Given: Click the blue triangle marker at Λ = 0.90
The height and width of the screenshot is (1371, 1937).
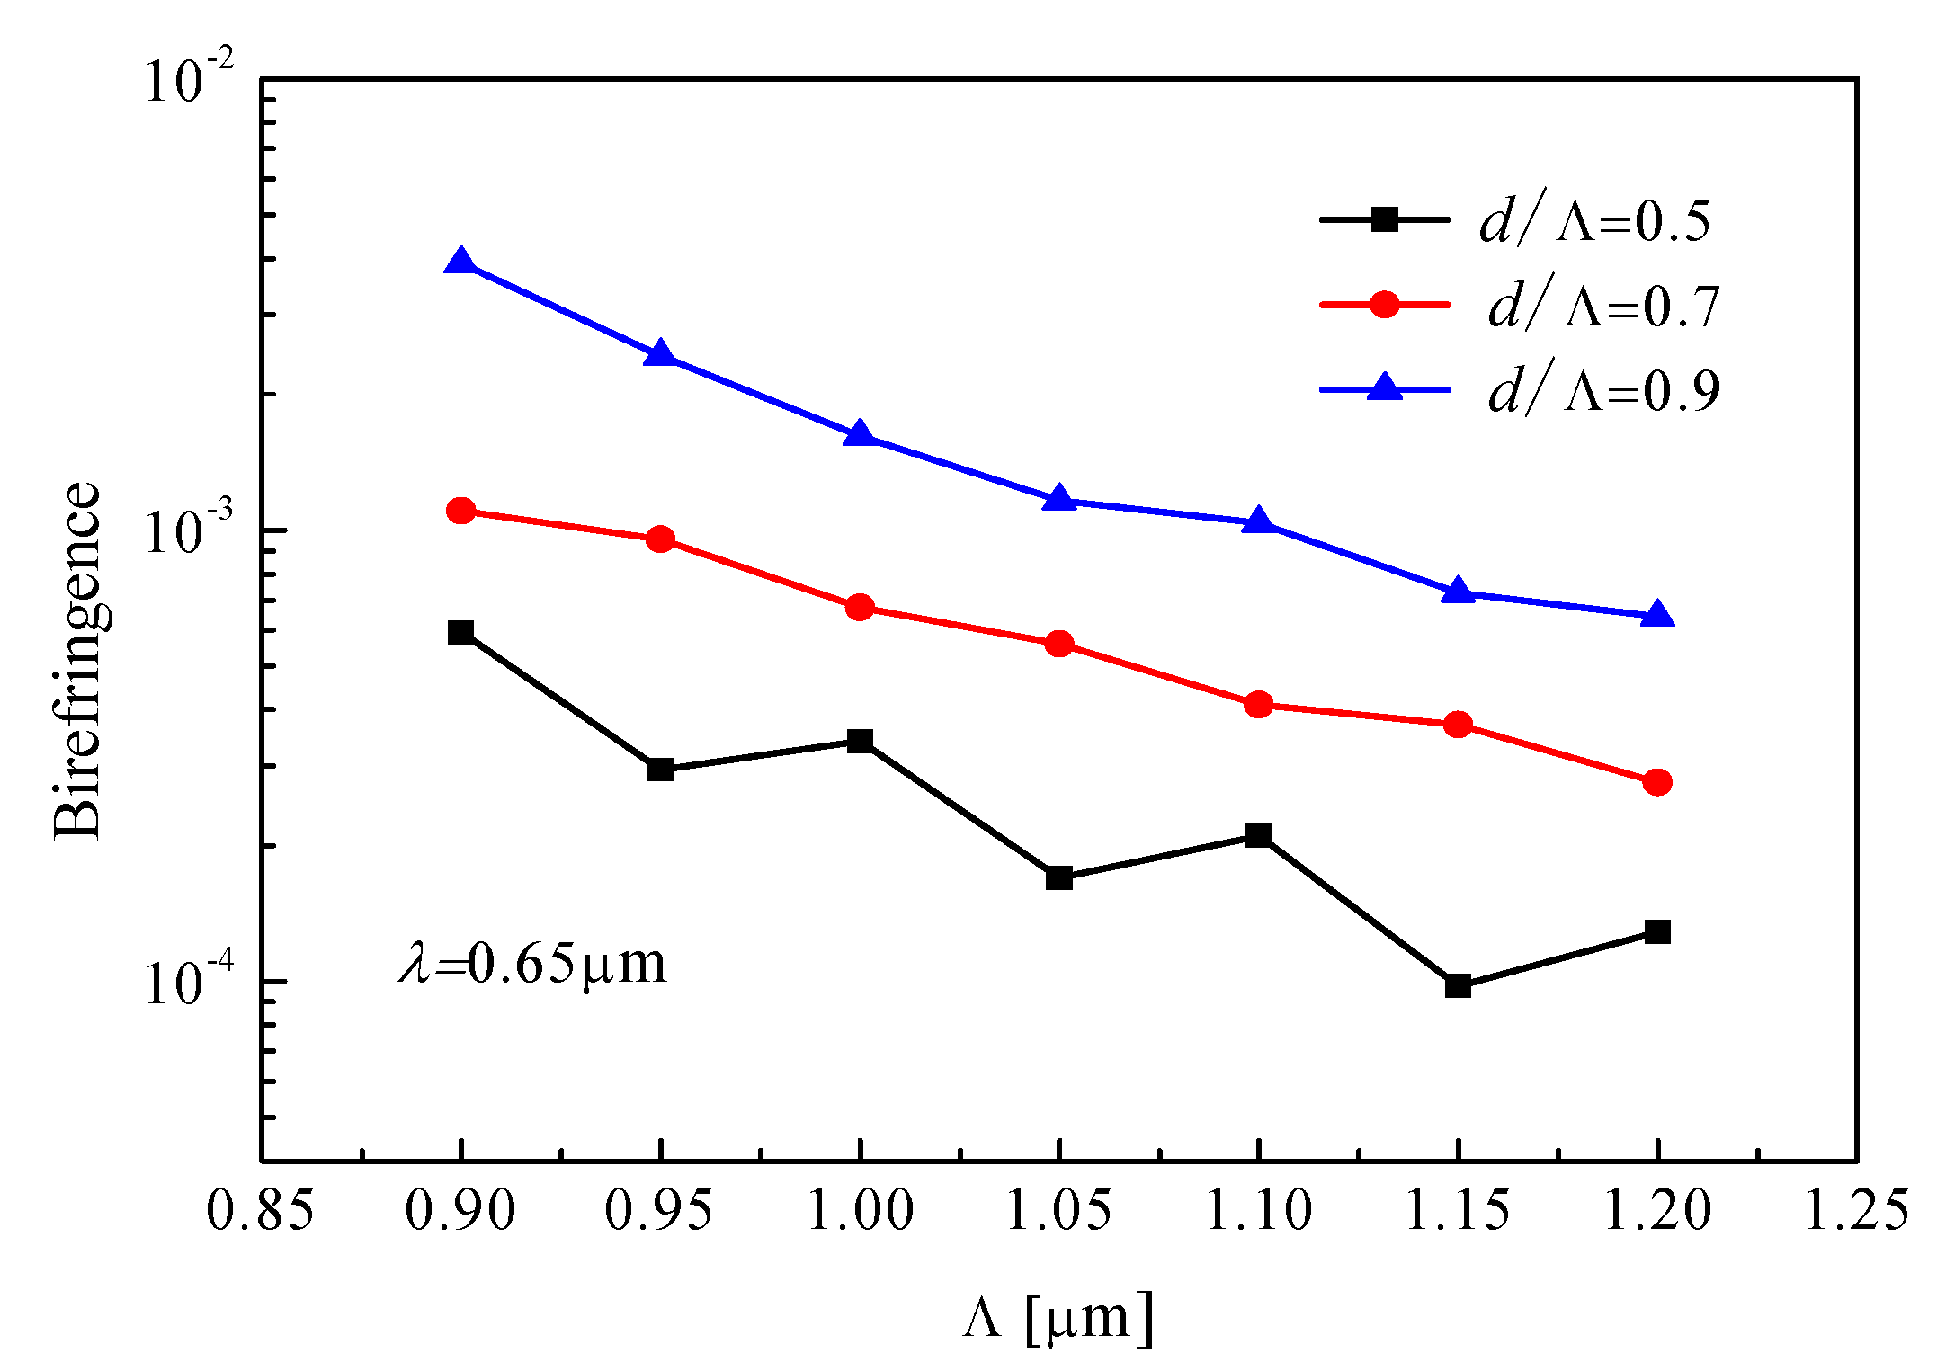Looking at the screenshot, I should click(461, 263).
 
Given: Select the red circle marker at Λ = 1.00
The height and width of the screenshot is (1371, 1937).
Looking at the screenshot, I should click(861, 607).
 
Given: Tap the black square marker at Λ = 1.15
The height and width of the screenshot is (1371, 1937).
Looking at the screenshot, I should click(1458, 985).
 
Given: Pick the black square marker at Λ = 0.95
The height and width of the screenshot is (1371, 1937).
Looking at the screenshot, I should click(661, 769).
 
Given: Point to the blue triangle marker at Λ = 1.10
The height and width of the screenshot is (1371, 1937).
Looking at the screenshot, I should click(1259, 521).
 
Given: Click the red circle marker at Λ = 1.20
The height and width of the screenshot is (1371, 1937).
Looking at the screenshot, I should click(1657, 782).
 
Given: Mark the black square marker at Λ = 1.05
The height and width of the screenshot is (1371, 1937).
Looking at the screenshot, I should click(1059, 877).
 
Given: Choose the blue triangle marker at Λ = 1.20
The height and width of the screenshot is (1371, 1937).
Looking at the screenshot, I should click(1657, 616).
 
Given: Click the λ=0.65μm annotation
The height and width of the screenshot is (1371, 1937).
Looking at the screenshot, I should click(533, 964).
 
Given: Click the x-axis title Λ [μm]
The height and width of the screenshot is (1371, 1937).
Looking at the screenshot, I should click(1058, 1319).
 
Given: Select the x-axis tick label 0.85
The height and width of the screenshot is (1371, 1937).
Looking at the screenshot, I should click(261, 1210).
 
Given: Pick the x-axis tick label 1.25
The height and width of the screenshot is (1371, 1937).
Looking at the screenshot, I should click(1856, 1210).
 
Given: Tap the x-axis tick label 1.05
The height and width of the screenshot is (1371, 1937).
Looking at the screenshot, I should click(1058, 1210).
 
